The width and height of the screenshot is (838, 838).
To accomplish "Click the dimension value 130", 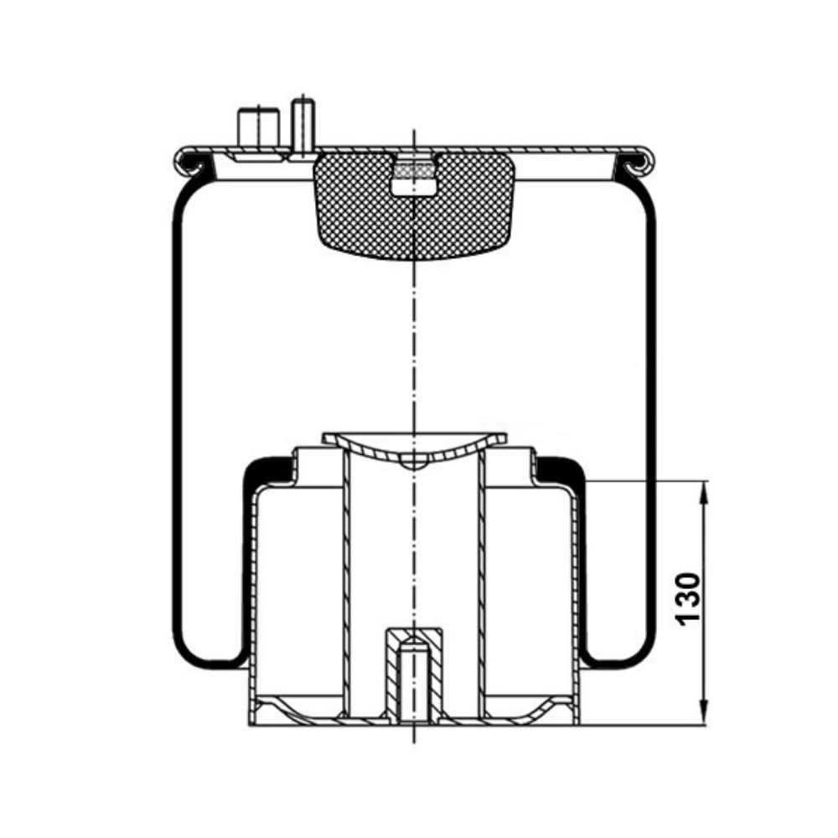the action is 688,598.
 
